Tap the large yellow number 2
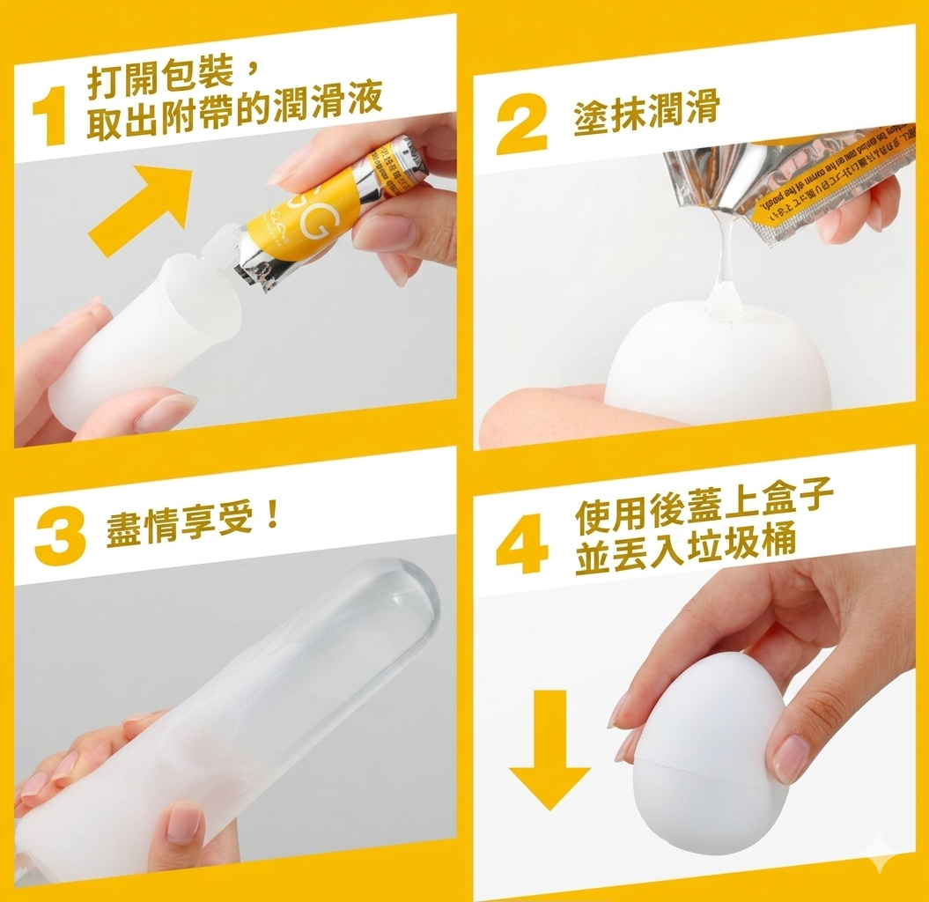(x=521, y=122)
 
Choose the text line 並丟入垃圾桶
(x=685, y=554)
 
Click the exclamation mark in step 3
(x=272, y=520)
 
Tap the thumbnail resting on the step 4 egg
(x=789, y=757)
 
